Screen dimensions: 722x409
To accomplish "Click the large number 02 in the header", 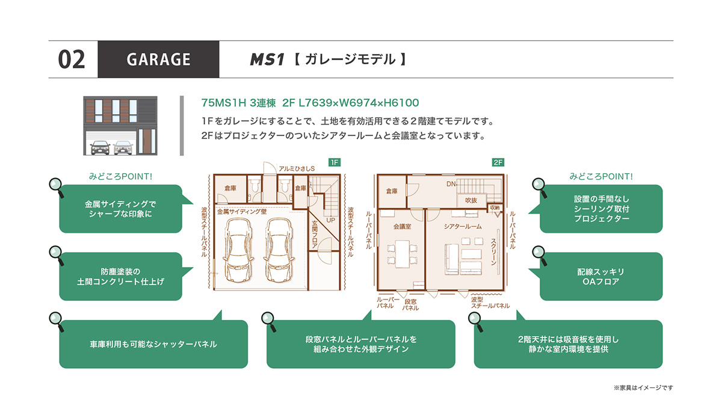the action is click(x=71, y=60).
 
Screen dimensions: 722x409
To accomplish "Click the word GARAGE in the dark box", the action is click(x=158, y=60).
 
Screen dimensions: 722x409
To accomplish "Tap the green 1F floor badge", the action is click(x=335, y=162).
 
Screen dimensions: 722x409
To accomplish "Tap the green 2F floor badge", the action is click(x=498, y=162).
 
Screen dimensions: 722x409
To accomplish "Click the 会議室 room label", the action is click(x=402, y=227).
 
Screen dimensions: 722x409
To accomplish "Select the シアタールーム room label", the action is click(x=463, y=227).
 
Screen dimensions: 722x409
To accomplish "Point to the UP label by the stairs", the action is click(x=331, y=220).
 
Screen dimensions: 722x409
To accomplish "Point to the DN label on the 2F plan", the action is click(x=451, y=184).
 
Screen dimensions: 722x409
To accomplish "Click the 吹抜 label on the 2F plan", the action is click(x=471, y=200).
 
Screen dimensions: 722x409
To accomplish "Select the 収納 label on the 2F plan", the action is click(x=495, y=208).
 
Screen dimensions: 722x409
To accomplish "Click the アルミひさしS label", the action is click(x=297, y=168).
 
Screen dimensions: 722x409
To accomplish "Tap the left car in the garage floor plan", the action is click(x=238, y=250).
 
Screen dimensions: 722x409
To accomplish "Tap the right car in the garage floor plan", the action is click(x=279, y=250).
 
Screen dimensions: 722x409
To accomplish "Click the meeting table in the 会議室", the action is click(x=403, y=254).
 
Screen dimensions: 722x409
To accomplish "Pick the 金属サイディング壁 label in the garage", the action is click(x=242, y=212).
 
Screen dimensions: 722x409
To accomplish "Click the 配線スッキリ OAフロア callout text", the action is click(x=601, y=277).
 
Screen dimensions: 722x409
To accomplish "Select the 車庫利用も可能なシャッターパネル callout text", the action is click(x=153, y=344).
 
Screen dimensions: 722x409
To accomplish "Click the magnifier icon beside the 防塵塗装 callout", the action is click(x=57, y=256).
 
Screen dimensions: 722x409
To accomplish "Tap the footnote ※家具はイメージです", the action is click(x=643, y=388).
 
